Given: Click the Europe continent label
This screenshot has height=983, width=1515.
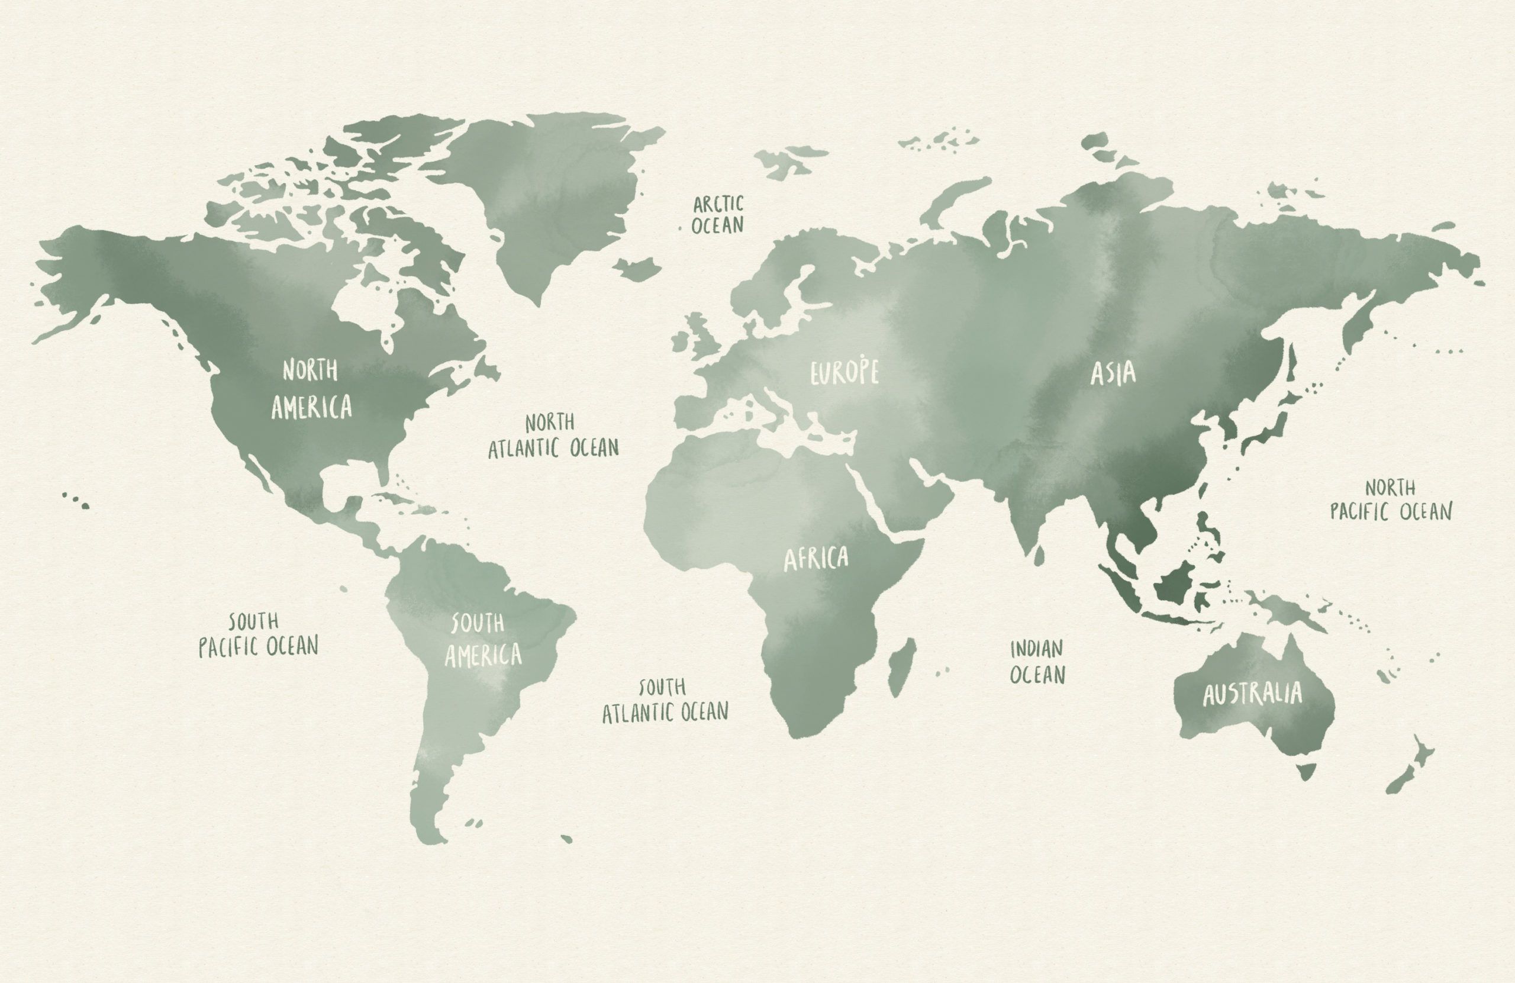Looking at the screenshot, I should tap(844, 372).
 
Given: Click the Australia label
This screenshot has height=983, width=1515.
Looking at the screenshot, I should tap(1252, 694).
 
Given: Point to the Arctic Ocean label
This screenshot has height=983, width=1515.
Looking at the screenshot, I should tap(717, 215).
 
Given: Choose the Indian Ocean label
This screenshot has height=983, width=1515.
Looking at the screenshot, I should tap(1037, 662).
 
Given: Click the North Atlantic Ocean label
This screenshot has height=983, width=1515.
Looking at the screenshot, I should tap(553, 436).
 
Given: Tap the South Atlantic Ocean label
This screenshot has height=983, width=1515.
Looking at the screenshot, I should tap(665, 700).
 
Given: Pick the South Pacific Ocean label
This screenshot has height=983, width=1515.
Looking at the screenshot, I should tap(258, 634).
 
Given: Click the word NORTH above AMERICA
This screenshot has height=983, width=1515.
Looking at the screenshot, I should tap(310, 369).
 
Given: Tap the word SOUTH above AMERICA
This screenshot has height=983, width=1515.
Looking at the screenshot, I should tap(478, 623).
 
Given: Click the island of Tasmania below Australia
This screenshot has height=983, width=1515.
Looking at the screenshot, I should tap(1306, 772).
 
